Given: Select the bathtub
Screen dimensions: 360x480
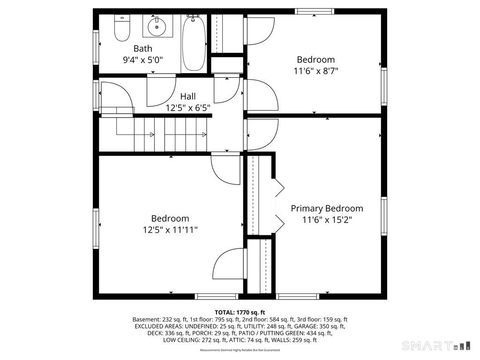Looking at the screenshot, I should [194, 42].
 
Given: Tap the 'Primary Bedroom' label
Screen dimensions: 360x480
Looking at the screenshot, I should [326, 208].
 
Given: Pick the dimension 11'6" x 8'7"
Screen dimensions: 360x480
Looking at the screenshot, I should [315, 71].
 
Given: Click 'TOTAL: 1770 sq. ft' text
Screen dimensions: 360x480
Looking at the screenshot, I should [239, 312].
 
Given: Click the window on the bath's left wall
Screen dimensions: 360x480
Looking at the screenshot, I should [96, 48].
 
